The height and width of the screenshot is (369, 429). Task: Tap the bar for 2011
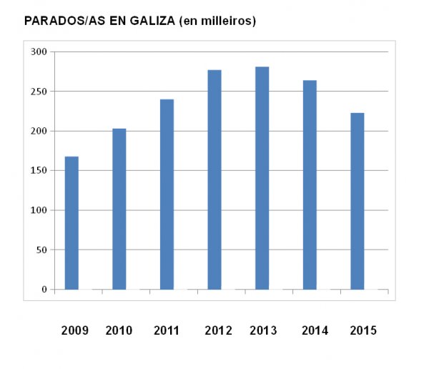point(167,194)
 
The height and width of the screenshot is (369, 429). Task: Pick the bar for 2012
point(214,179)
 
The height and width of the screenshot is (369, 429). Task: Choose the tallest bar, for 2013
point(262,178)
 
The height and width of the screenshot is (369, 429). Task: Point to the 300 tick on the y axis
point(39,52)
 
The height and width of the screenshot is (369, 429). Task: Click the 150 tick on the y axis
point(39,171)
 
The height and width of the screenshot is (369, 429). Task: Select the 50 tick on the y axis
point(41,250)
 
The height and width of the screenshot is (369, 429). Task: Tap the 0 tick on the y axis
point(44,290)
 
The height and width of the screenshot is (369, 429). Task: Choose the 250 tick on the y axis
point(39,92)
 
